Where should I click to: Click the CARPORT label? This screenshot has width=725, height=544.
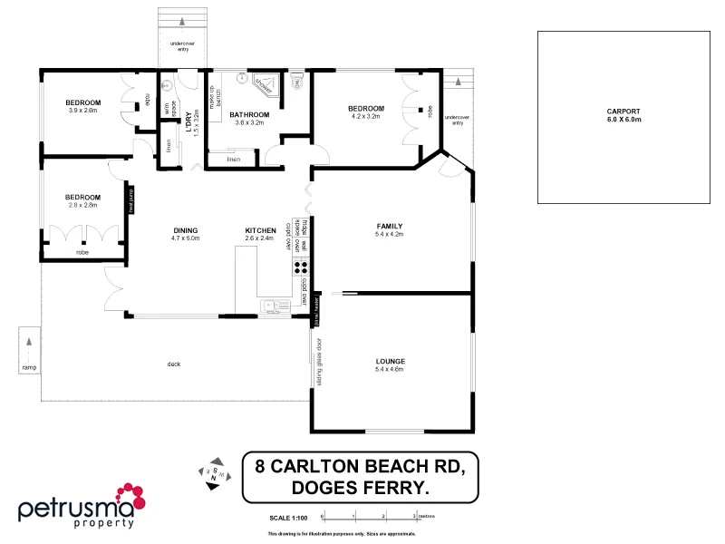click(x=623, y=112)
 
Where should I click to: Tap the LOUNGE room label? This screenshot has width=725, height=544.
click(x=389, y=361)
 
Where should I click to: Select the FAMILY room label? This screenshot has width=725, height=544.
click(x=389, y=226)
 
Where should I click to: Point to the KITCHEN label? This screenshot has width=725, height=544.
click(x=260, y=230)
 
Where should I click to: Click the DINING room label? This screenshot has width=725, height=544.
click(x=186, y=230)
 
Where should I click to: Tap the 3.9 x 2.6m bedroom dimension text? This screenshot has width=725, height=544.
click(x=82, y=111)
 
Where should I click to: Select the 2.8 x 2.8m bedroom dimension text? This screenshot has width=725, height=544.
click(x=82, y=205)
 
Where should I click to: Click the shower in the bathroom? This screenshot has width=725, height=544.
click(x=265, y=85)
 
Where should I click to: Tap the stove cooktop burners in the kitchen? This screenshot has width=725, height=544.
click(x=300, y=267)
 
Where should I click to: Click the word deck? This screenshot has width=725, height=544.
click(x=174, y=364)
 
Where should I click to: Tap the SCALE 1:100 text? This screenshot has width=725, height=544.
click(x=288, y=518)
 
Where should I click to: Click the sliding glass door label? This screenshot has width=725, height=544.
click(x=319, y=361)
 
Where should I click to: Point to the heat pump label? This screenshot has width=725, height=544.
click(x=131, y=198)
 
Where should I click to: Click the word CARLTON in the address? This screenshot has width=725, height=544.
click(x=330, y=467)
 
